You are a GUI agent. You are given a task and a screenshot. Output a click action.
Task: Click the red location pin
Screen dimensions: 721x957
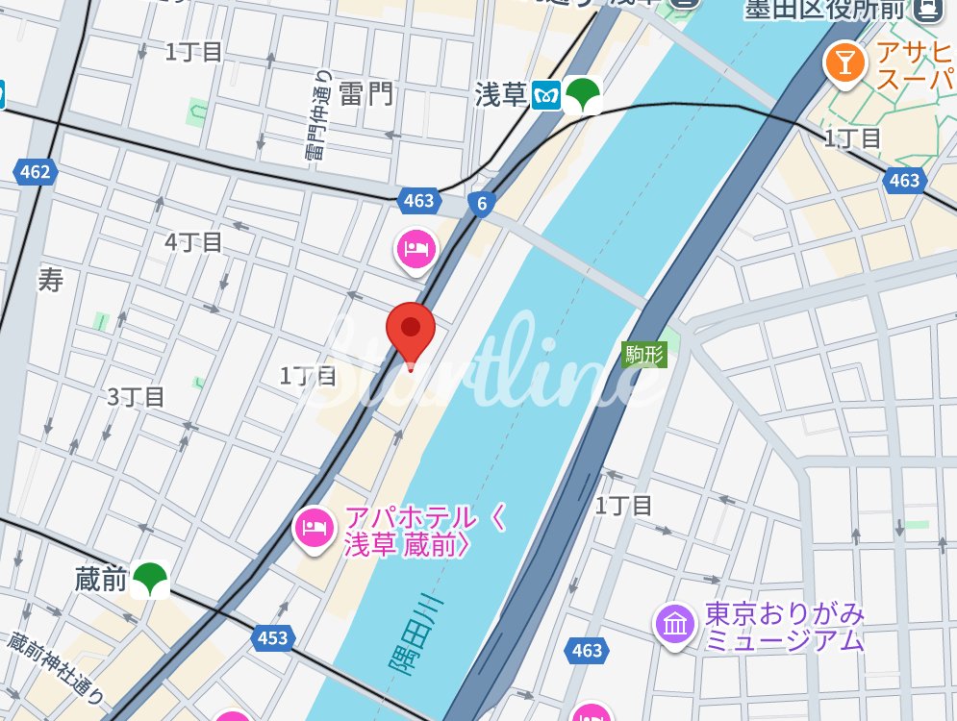411,330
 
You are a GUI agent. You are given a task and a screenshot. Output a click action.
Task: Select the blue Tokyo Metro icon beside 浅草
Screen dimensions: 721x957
547,95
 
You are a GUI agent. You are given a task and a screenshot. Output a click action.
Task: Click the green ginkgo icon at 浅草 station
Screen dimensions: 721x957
582,95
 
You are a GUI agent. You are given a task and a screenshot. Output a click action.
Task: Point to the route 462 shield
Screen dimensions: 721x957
35,172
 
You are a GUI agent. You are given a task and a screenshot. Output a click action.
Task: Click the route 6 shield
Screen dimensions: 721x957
481,202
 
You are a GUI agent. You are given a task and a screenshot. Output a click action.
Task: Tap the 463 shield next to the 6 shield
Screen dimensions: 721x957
419,200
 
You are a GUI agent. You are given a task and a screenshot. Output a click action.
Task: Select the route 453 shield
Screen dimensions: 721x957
273,637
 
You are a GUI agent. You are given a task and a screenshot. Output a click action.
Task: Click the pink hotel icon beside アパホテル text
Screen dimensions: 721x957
314,526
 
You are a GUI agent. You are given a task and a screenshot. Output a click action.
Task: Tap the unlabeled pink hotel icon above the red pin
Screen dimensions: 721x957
416,249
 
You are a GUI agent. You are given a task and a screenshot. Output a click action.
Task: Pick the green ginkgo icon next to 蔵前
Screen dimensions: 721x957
150,579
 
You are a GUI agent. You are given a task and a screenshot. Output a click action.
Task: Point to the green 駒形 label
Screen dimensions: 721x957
645,354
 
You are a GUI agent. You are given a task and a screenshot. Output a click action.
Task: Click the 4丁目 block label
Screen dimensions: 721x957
193,242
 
